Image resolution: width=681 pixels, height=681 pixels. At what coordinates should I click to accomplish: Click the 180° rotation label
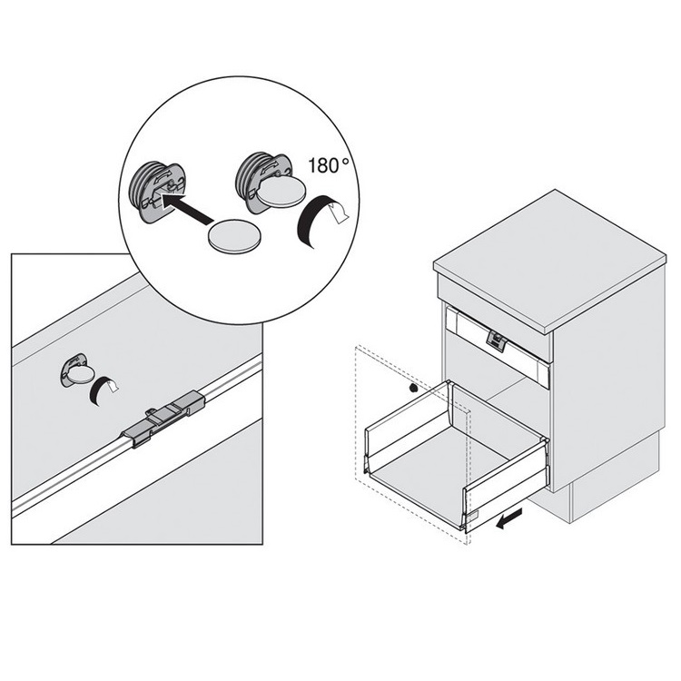tap(329, 165)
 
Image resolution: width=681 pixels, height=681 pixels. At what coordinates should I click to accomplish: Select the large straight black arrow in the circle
tap(187, 209)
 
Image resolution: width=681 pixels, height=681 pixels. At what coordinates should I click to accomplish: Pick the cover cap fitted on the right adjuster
tap(281, 192)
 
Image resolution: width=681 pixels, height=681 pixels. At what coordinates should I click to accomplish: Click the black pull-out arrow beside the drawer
tap(509, 518)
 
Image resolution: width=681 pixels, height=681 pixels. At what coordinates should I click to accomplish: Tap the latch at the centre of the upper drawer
tap(497, 340)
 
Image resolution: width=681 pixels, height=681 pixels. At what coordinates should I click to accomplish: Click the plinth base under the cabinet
tap(595, 490)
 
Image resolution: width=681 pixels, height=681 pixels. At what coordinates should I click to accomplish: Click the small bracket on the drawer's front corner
tap(472, 516)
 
